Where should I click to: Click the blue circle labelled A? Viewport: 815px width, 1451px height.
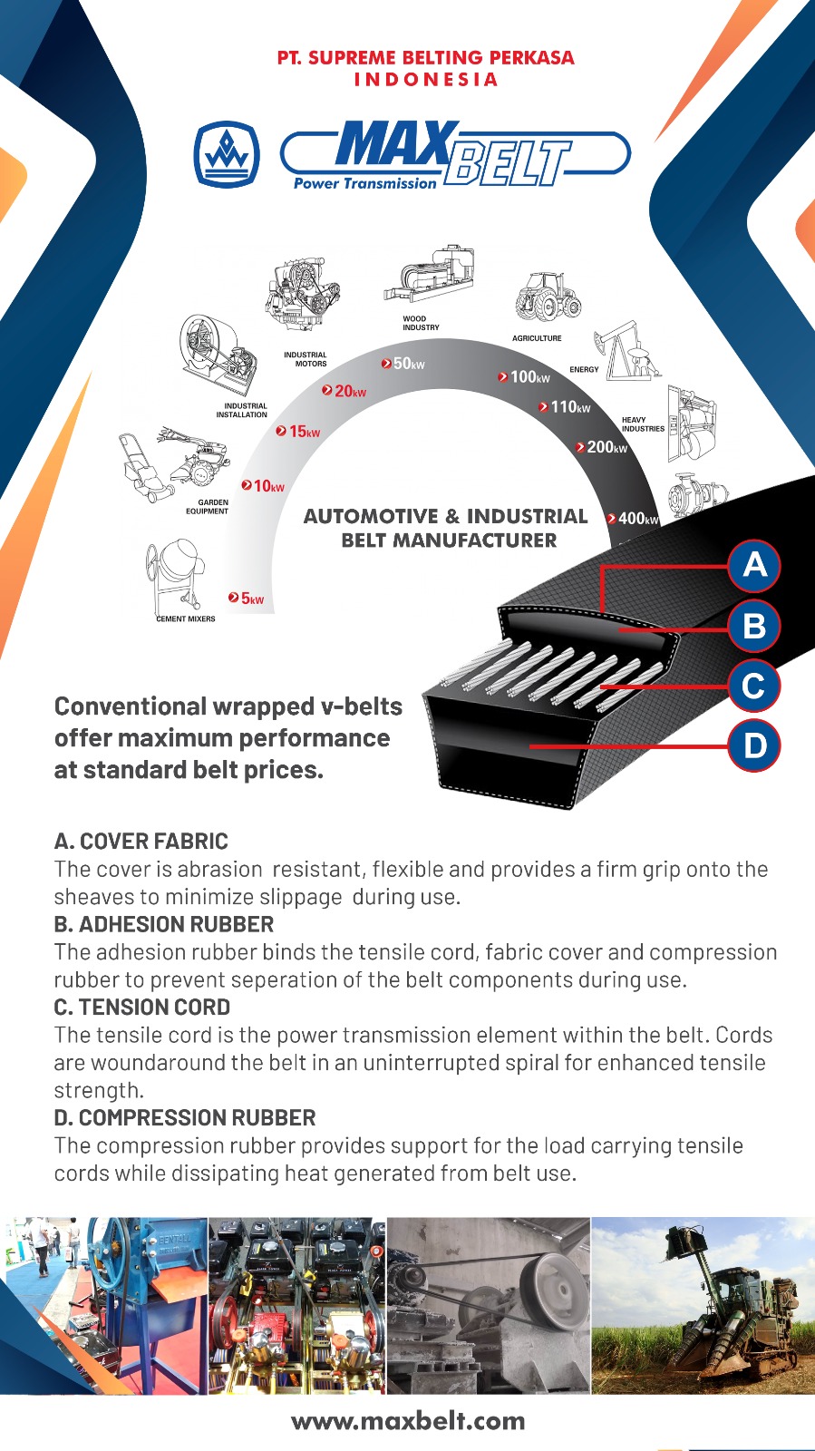(x=754, y=566)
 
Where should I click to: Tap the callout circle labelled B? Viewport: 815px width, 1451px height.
(x=754, y=626)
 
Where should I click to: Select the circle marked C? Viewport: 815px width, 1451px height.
(x=753, y=686)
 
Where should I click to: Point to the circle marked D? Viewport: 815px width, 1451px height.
(x=754, y=745)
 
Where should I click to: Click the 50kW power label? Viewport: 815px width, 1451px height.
(x=403, y=364)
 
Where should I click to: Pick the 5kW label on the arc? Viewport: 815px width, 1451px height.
(x=246, y=598)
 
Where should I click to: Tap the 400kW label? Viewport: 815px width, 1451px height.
(x=633, y=518)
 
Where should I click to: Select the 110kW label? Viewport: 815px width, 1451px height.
(x=565, y=407)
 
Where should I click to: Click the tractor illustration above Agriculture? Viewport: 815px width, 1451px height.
(x=548, y=297)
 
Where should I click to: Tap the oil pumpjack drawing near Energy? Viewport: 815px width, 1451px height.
(x=626, y=350)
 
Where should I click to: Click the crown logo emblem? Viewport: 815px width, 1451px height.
(x=227, y=155)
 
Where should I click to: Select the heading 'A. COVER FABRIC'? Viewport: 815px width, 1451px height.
(x=141, y=842)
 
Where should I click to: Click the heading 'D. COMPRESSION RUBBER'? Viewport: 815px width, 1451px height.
(x=185, y=1117)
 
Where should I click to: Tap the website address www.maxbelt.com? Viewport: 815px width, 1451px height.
(x=408, y=1421)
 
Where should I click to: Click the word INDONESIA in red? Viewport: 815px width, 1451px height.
(x=426, y=80)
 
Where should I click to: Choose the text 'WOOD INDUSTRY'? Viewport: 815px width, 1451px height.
(x=421, y=323)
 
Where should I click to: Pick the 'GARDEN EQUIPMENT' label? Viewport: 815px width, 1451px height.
(x=207, y=507)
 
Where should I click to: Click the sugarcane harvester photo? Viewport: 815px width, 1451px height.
(x=703, y=1306)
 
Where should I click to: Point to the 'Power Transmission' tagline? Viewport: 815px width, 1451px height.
(x=365, y=183)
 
